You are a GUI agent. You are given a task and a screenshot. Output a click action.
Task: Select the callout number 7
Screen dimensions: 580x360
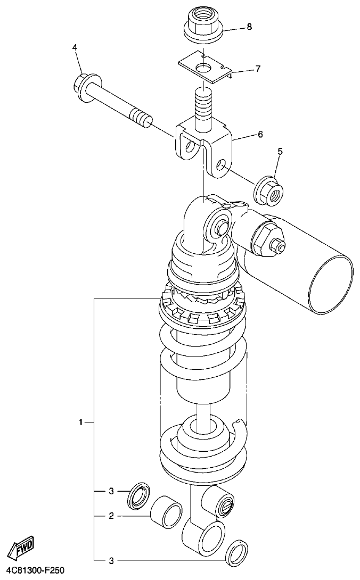pos(257,69)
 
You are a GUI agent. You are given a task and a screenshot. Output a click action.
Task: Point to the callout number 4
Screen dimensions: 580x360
pos(75,48)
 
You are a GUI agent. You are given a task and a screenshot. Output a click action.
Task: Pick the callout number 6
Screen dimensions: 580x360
pos(260,135)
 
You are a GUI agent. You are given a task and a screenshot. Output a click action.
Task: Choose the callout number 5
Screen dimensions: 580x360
pos(280,152)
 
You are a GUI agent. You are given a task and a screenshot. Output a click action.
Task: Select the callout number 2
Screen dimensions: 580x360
pos(111,516)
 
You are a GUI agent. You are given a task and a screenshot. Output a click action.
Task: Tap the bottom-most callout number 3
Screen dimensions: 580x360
pos(111,560)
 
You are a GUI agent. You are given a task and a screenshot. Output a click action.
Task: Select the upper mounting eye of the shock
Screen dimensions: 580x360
pos(219,226)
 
